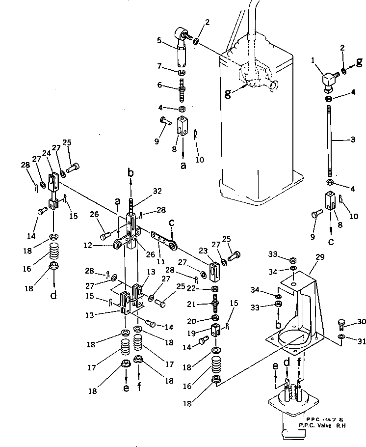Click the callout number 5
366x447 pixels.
click(x=158, y=41)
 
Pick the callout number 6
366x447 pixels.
click(x=160, y=85)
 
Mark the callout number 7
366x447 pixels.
click(x=160, y=66)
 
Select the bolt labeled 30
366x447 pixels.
click(x=341, y=323)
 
